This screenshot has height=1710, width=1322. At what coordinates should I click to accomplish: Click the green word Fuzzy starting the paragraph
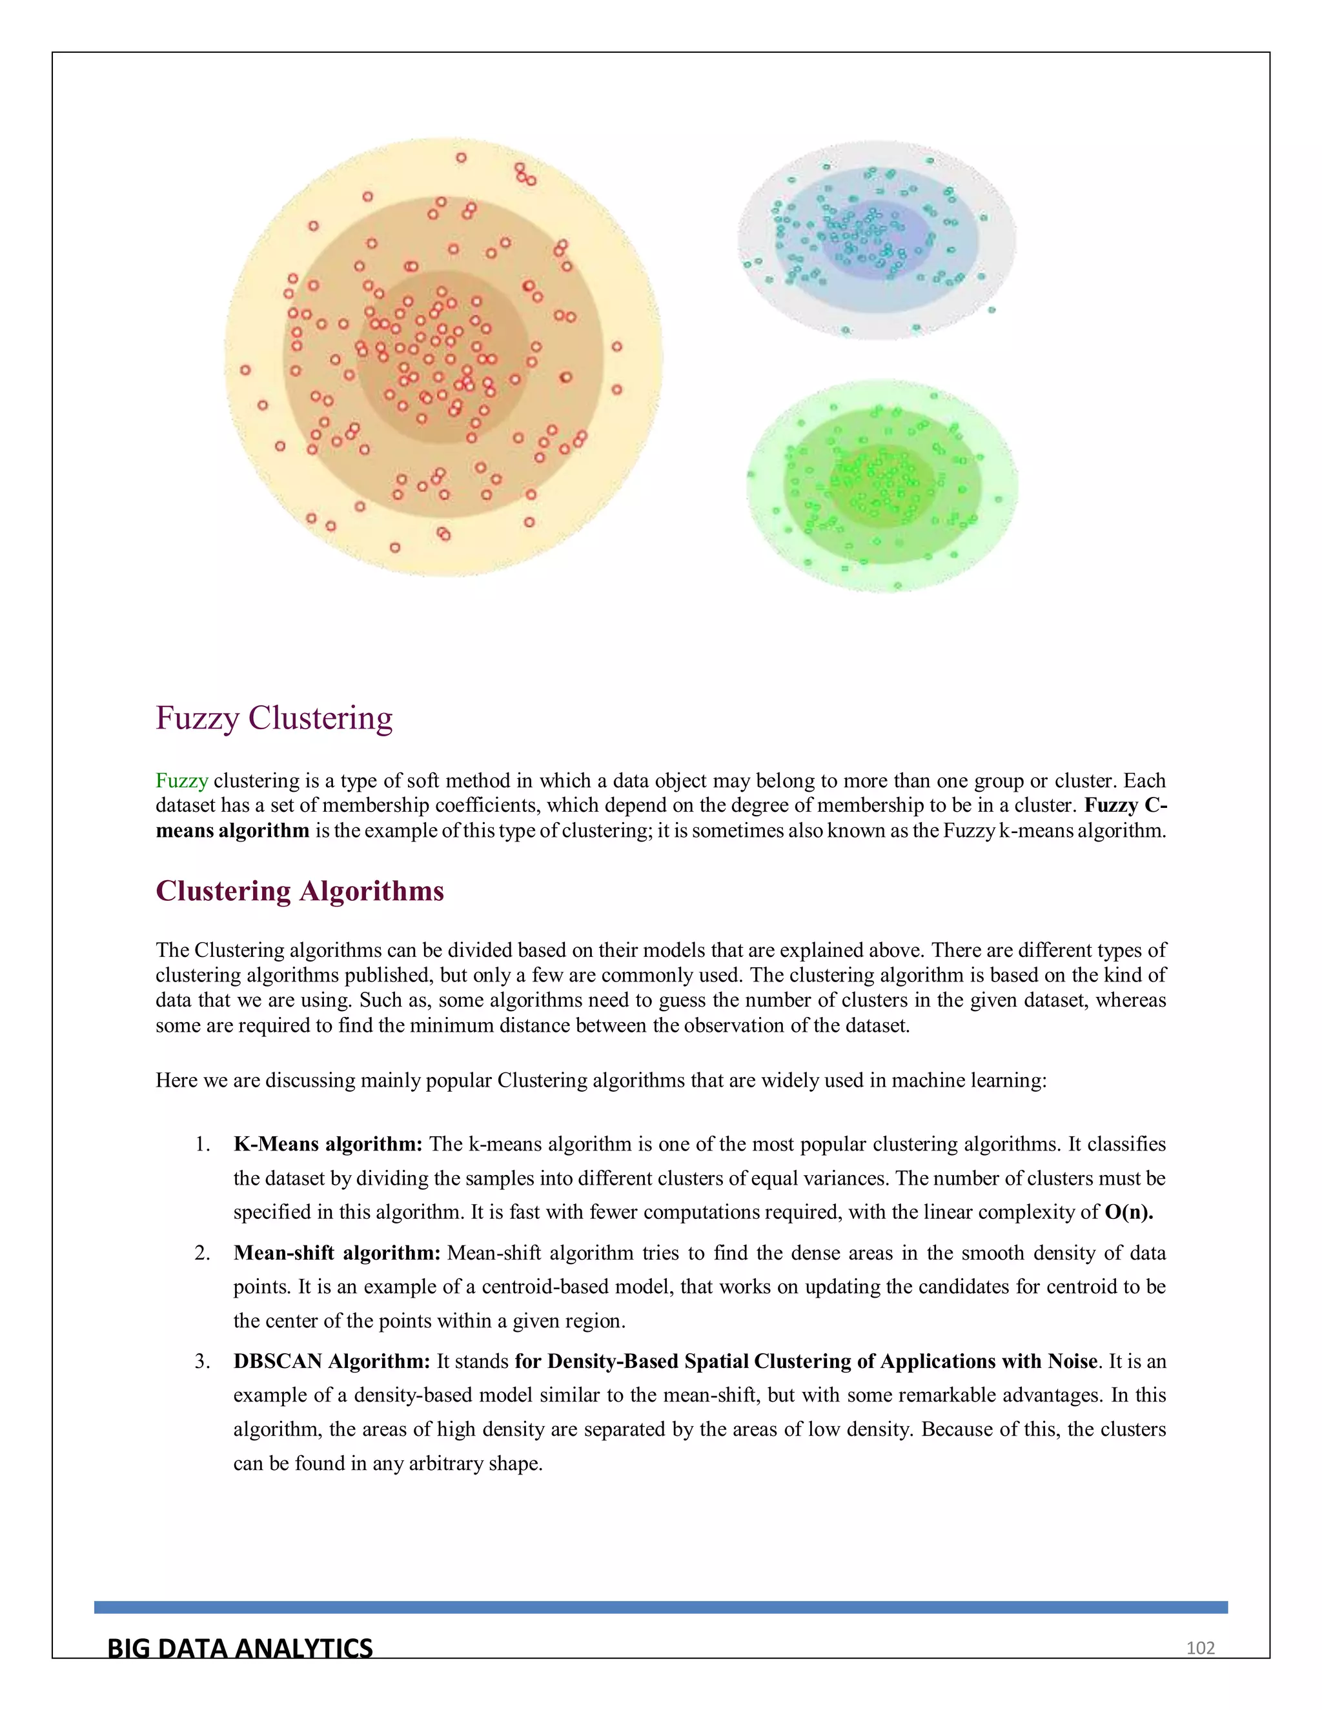coord(181,781)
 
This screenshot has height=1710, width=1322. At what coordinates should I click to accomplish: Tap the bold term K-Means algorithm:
coord(327,1144)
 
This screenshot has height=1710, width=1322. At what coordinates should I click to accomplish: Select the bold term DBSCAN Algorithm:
coord(331,1362)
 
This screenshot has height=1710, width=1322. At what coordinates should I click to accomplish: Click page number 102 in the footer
coord(1200,1648)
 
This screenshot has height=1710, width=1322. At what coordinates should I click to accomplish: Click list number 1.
coord(202,1145)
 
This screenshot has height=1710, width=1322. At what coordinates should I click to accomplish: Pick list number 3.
coord(202,1362)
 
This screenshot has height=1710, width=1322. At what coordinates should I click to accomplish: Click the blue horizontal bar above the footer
coord(660,1607)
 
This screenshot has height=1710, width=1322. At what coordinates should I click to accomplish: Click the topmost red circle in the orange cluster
coord(462,157)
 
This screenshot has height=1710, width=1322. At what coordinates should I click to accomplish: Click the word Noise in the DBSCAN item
coord(1072,1362)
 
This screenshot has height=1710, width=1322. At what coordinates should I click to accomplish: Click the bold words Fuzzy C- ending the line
coord(1125,806)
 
